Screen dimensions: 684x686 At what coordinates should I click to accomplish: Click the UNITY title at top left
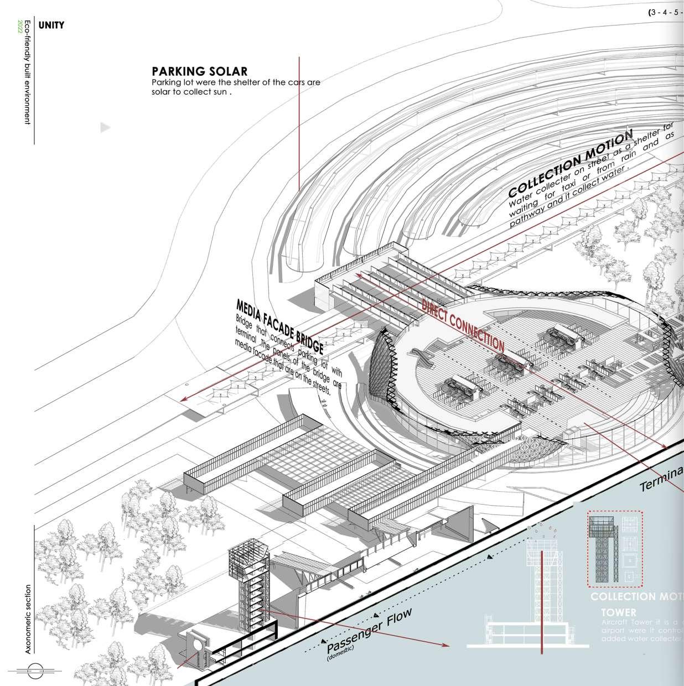click(51, 25)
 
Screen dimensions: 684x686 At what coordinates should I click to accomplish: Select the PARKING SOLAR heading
click(199, 71)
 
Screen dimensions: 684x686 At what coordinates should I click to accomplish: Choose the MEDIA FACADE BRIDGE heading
click(279, 327)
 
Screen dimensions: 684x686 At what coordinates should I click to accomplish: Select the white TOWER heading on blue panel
click(619, 613)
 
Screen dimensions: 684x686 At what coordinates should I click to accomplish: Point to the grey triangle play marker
click(105, 128)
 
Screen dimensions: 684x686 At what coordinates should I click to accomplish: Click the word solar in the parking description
click(163, 92)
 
